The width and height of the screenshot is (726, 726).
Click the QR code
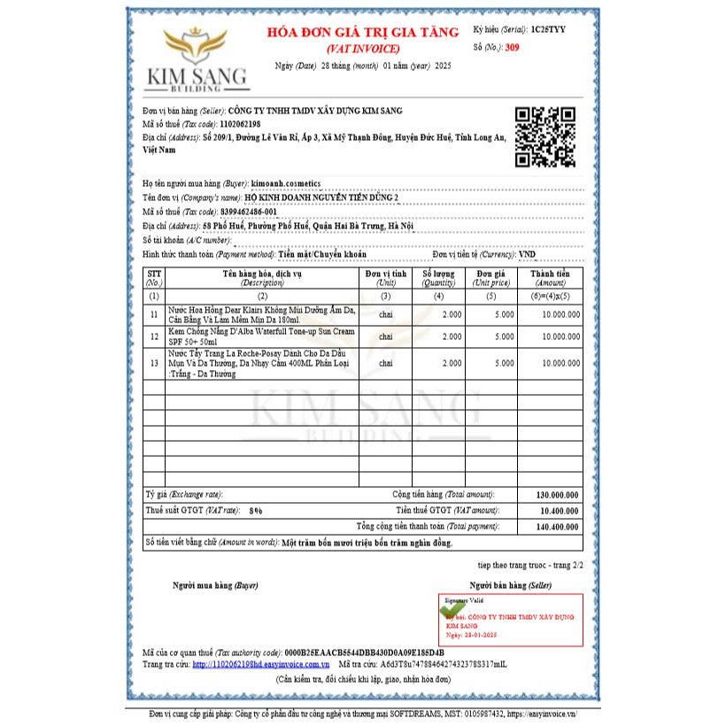(x=545, y=136)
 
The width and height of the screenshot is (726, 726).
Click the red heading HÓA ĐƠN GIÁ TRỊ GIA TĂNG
(x=363, y=33)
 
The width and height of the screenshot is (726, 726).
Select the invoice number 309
(x=512, y=47)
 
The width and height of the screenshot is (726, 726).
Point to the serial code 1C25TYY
(x=547, y=29)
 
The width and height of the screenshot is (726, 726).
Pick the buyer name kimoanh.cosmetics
(x=286, y=183)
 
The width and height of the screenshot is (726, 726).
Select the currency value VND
(x=528, y=254)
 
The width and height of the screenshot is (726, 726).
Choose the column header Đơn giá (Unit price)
(x=491, y=278)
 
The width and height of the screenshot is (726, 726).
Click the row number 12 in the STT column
(x=154, y=336)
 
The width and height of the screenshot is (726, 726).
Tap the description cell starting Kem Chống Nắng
(x=261, y=336)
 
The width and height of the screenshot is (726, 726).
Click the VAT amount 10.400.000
(x=555, y=511)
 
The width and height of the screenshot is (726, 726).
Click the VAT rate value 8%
(x=256, y=511)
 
